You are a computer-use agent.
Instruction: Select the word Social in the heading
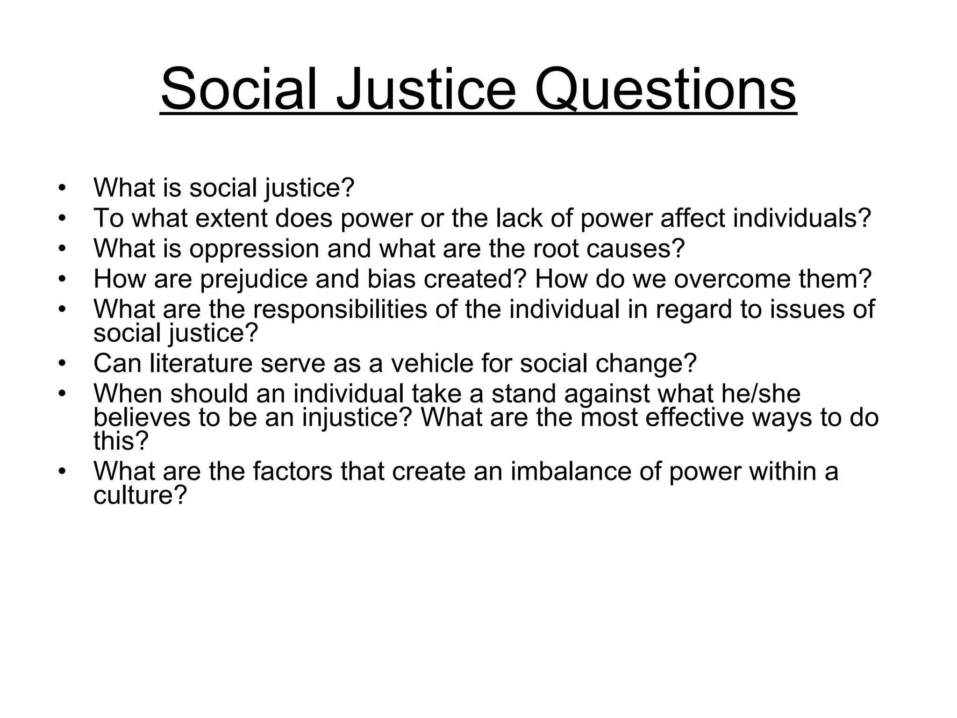(238, 89)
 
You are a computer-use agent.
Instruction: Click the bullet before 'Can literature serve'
(62, 363)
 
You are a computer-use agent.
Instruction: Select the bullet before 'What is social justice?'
(62, 188)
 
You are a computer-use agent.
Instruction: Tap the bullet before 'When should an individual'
(62, 394)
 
